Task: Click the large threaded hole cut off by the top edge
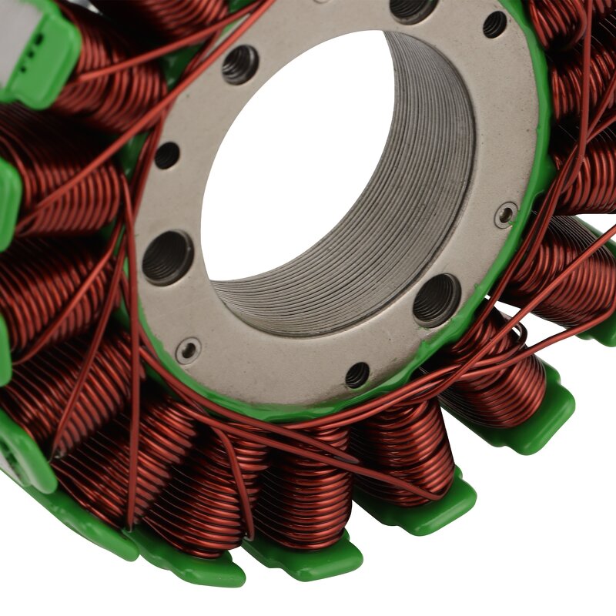tap(414, 9)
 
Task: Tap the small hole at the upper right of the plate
tap(494, 25)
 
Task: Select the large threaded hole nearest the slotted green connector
tap(240, 65)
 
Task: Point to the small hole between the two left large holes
tap(167, 156)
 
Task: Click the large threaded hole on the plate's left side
tap(168, 257)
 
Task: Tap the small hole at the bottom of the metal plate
tap(357, 375)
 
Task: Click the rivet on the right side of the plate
tap(506, 215)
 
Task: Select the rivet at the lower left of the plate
tap(189, 350)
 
